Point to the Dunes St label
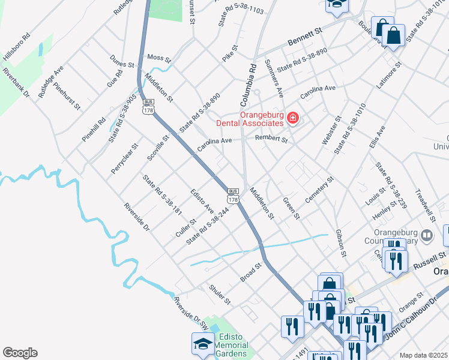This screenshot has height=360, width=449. click(122, 61)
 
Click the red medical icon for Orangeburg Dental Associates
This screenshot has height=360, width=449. click(292, 118)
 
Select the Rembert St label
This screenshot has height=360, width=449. click(271, 139)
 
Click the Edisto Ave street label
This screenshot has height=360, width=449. click(202, 201)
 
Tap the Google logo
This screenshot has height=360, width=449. click(20, 353)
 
